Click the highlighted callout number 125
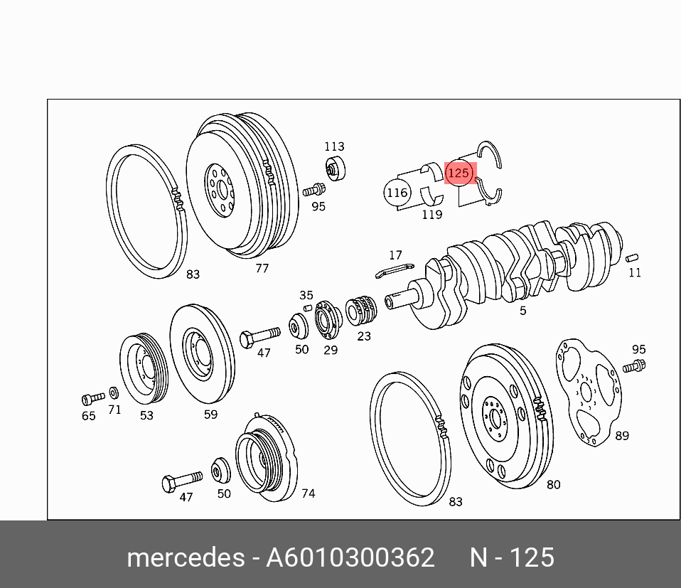(459, 173)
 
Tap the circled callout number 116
(397, 193)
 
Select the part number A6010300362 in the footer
(350, 557)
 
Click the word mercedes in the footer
(186, 557)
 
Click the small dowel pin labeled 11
(632, 257)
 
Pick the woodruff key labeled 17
(395, 269)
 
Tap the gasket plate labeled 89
(589, 392)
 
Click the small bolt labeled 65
(93, 397)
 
